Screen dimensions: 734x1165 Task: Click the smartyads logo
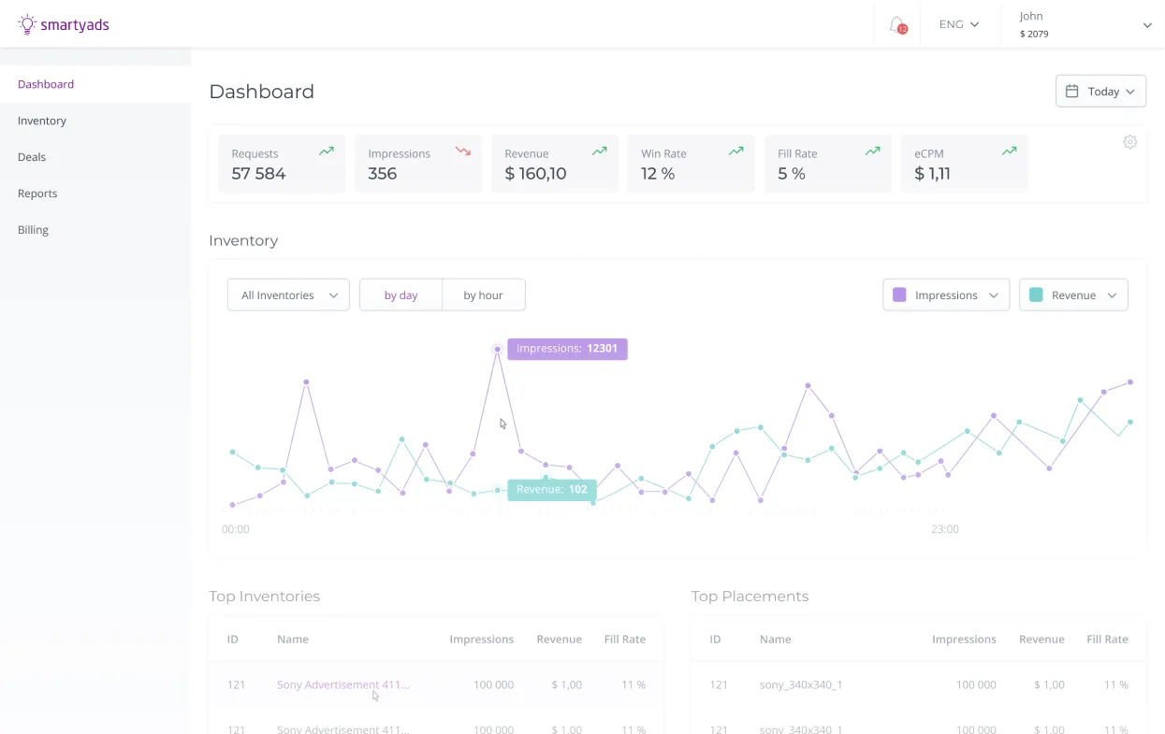pos(64,24)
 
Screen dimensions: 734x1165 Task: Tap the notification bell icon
pos(896,24)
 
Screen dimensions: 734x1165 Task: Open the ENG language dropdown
pos(958,24)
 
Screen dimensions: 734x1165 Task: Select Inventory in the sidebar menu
pos(42,121)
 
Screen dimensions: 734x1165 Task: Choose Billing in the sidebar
pos(33,230)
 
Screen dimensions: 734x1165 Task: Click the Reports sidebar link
pos(37,194)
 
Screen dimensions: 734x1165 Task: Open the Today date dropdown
pos(1100,92)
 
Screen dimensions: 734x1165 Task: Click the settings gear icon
pos(1129,142)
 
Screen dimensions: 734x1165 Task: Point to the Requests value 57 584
pos(258,174)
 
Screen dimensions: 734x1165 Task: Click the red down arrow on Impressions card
pos(462,151)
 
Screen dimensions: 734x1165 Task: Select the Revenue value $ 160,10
pos(535,174)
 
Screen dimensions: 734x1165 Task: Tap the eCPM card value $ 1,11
pos(932,174)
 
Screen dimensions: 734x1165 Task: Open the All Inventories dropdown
pos(288,295)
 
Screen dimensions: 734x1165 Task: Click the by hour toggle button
pos(483,295)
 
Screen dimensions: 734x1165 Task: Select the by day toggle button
pos(400,295)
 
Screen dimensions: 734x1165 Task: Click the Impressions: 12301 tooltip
pos(567,349)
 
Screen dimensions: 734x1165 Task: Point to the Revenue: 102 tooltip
pos(552,490)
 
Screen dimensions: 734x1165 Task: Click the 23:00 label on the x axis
pos(944,529)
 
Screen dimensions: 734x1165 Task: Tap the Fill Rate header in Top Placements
pos(1107,640)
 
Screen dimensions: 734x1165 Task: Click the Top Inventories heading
pos(264,597)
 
